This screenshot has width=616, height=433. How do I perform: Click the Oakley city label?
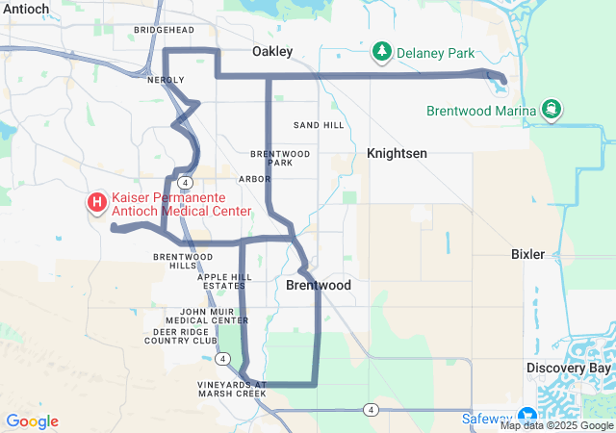(272, 51)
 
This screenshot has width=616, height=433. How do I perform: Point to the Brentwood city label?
(319, 286)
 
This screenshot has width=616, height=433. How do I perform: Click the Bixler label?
(527, 254)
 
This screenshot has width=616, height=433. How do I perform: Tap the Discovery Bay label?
(569, 369)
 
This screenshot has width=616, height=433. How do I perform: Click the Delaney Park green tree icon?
(382, 51)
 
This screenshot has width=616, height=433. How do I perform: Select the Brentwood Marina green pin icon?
(552, 110)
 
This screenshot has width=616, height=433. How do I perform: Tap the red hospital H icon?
(97, 203)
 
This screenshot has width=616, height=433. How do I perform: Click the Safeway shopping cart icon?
(529, 418)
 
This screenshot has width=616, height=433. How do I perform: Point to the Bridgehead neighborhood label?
(164, 30)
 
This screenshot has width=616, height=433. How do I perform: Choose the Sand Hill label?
(319, 125)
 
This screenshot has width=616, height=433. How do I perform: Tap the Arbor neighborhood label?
(255, 179)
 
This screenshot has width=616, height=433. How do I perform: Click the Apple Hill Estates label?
(224, 281)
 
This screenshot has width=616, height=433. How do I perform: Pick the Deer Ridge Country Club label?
(181, 336)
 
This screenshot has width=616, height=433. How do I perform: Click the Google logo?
(32, 421)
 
